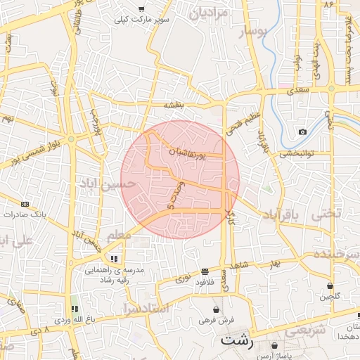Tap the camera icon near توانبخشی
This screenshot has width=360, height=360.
(302, 132)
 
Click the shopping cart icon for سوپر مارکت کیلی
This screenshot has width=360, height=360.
(141, 10)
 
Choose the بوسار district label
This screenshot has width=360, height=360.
(255, 33)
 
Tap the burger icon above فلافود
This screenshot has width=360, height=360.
(205, 271)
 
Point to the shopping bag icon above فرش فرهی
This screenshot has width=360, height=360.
(216, 309)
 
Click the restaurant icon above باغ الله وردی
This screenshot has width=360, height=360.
(75, 309)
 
